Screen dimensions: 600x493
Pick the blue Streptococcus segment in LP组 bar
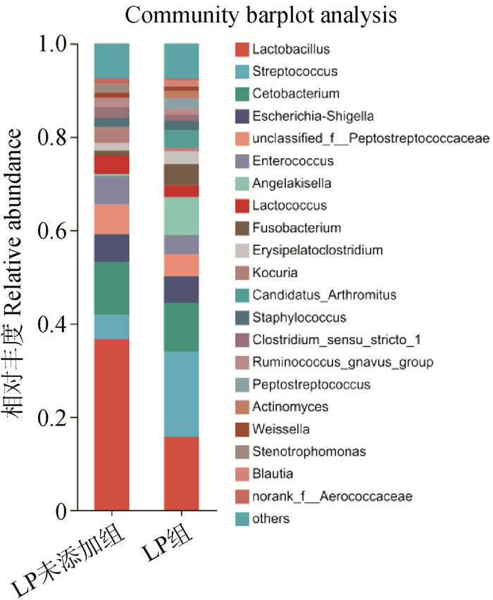click(181, 394)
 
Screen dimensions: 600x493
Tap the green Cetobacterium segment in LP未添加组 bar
click(111, 288)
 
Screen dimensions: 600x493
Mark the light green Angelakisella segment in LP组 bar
click(181, 215)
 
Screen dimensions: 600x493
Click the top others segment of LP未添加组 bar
click(111, 60)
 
